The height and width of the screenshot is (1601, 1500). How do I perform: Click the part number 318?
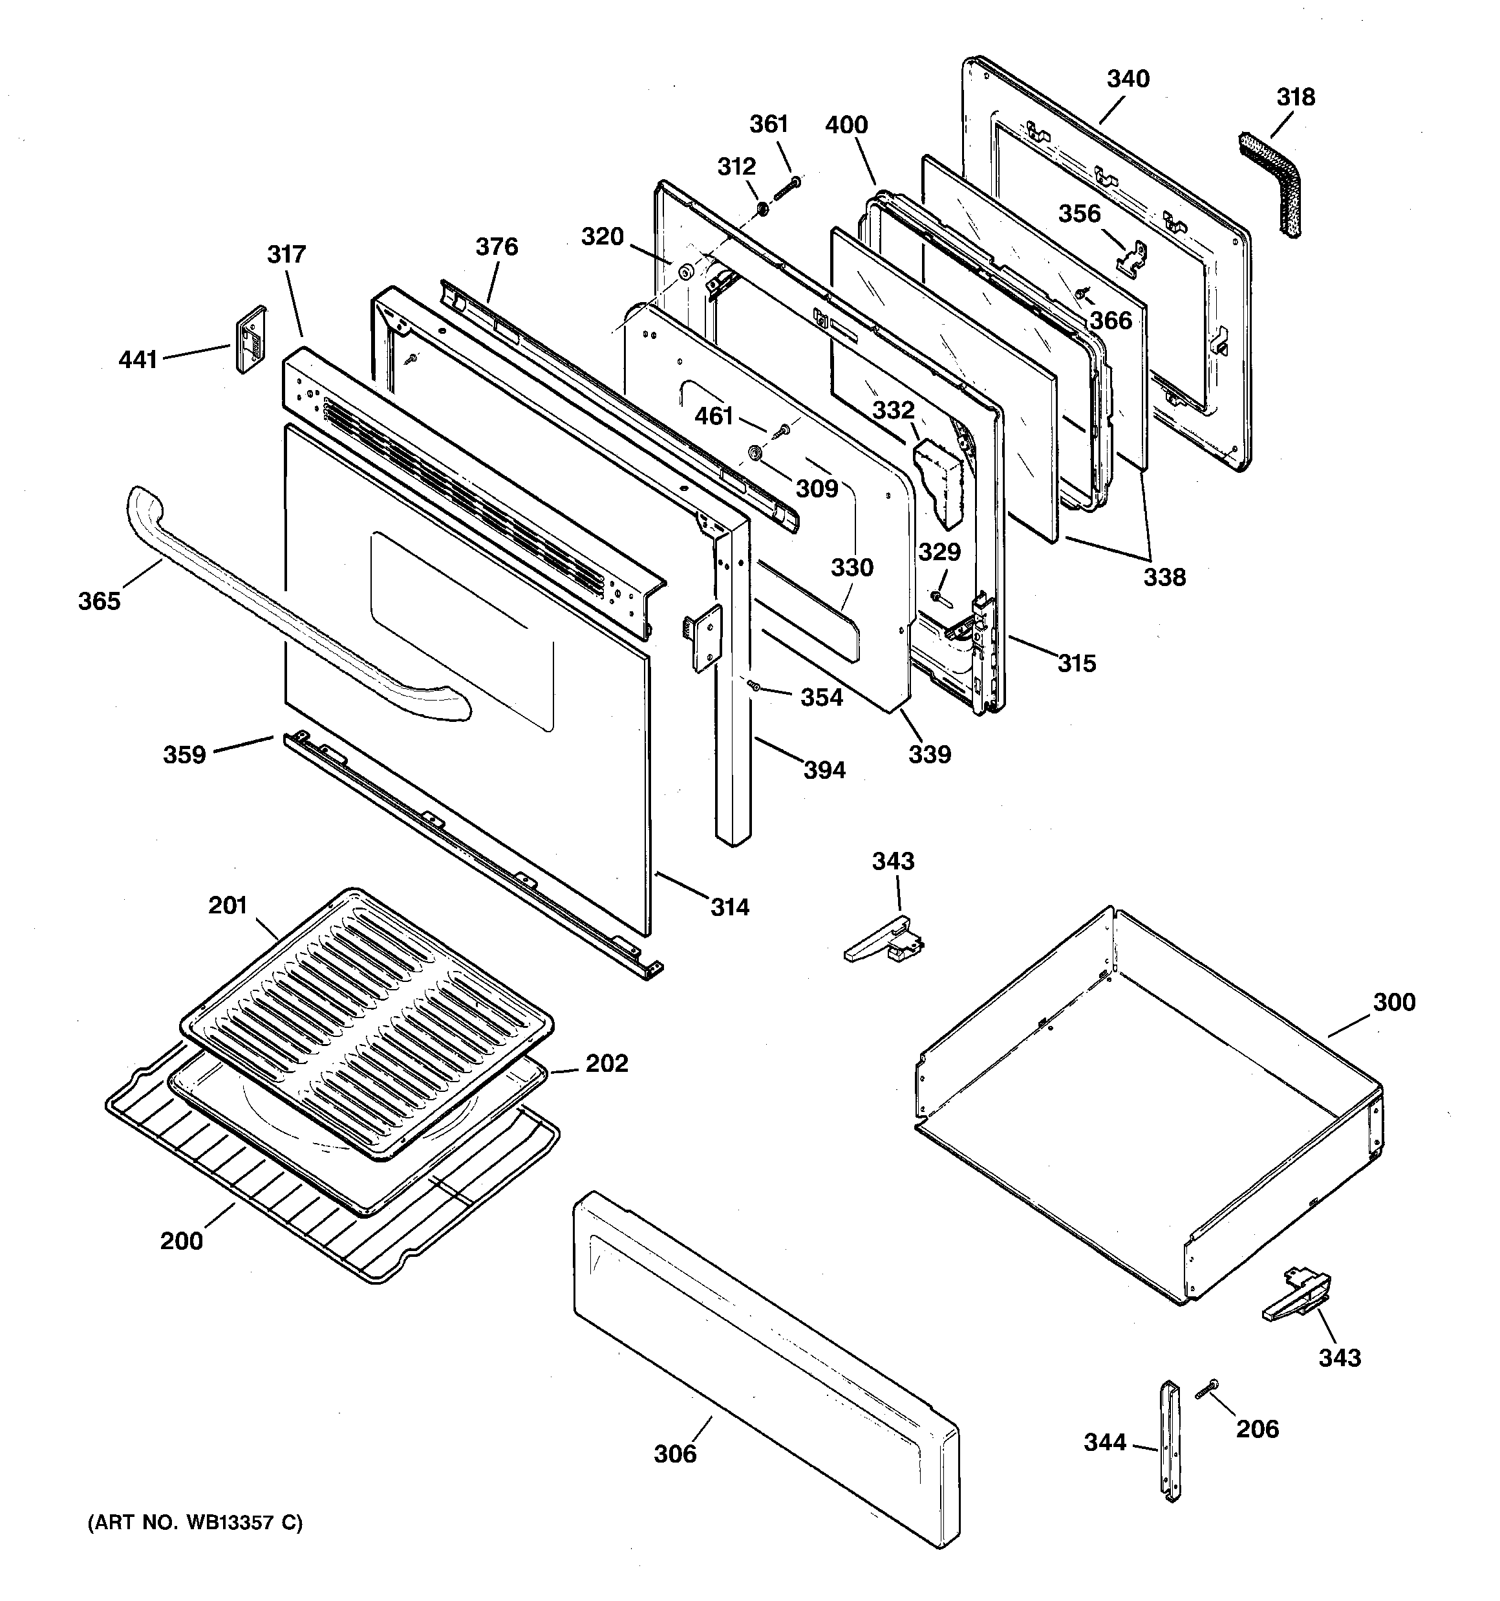[1296, 98]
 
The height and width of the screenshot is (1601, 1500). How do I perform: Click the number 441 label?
[138, 359]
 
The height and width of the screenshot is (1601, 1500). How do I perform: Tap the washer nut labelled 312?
[760, 210]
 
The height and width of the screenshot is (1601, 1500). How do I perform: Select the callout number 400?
[846, 125]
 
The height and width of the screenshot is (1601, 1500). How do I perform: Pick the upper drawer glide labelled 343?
[886, 941]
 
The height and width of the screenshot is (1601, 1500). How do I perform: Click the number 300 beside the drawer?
[1394, 1002]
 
